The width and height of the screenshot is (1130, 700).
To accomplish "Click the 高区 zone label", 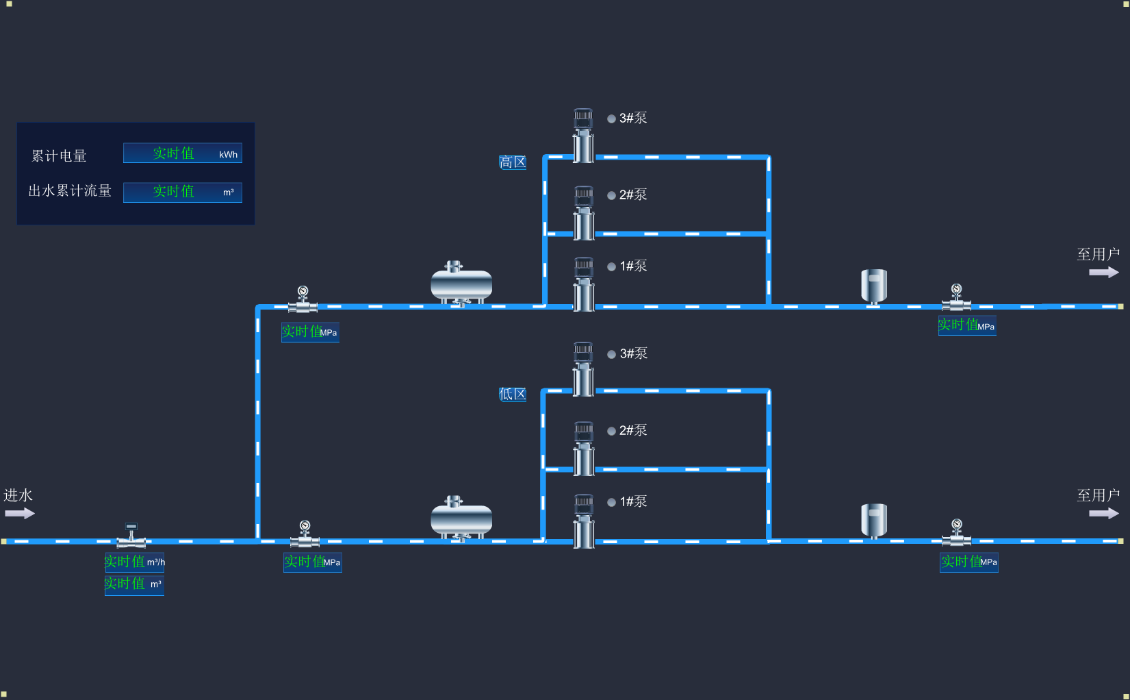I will [512, 162].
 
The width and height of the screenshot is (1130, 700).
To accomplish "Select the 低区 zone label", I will [512, 394].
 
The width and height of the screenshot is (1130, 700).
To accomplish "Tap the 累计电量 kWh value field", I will [182, 153].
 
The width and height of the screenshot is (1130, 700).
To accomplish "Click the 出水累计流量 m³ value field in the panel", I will [182, 192].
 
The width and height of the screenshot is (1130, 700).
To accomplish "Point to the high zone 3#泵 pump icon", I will [583, 135].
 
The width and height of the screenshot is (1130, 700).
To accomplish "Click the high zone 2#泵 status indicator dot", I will [611, 195].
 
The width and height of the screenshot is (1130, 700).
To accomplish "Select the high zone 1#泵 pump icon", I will [584, 284].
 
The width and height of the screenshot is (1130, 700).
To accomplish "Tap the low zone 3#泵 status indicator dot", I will [611, 354].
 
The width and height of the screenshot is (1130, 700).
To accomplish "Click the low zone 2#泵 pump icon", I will [584, 448].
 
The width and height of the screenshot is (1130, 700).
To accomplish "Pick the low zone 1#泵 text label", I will [633, 501].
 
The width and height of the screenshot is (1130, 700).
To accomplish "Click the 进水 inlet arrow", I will [20, 513].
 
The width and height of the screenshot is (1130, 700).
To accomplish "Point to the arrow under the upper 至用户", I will [1103, 272].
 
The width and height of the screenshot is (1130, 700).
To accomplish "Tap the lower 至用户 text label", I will [1098, 495].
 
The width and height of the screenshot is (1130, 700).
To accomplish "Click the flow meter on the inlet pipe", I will [131, 536].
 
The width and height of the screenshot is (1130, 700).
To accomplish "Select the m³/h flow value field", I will [134, 562].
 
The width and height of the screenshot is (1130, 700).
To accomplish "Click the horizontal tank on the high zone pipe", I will [461, 284].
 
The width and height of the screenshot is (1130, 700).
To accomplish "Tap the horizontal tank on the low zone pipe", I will [461, 518].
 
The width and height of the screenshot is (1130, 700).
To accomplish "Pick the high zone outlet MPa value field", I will [966, 325].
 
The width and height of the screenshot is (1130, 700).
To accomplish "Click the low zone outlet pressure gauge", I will [956, 533].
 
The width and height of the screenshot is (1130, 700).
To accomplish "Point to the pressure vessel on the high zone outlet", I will [873, 286].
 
